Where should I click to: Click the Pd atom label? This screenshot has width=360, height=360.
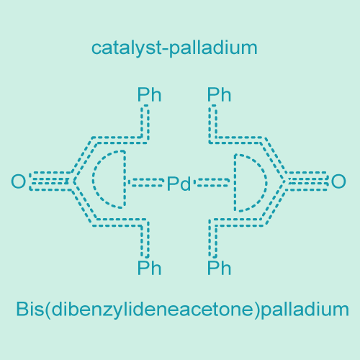coord(179,184)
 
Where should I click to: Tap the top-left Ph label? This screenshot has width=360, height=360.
coord(149,95)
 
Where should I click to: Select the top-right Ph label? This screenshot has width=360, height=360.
coord(219,95)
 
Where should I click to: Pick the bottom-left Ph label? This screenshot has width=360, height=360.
coord(149,268)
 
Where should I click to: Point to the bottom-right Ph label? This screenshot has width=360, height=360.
coord(219,268)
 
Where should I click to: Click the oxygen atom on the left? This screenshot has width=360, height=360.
coord(18,181)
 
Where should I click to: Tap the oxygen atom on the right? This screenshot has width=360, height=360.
coord(338,181)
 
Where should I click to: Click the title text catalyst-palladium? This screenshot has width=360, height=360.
coord(174,48)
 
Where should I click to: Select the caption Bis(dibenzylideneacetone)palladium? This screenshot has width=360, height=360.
coord(182,309)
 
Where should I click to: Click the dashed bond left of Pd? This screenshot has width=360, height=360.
coord(146,182)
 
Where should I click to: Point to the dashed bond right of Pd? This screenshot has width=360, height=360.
coord(212,182)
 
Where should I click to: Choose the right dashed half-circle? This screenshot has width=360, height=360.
coord(266,183)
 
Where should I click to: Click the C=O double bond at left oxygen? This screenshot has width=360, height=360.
coord(50,181)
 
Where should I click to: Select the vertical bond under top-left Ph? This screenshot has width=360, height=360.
coord(145,122)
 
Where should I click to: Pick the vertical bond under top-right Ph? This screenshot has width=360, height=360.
coord(213,124)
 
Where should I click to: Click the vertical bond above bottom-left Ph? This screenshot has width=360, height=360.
coord(145,239)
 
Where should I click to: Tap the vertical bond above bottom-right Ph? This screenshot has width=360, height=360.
coord(213,239)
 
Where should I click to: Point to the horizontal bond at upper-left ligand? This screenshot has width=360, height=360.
coord(119,140)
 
